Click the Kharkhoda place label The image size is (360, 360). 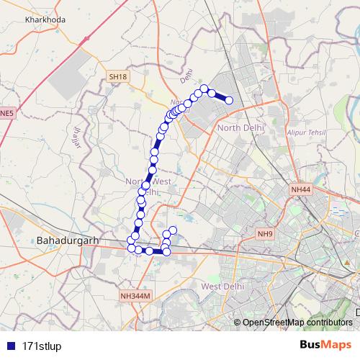click(x=45, y=19)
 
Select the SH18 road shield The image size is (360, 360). click(x=117, y=76)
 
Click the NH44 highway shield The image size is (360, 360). click(x=301, y=189)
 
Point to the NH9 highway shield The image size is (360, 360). click(x=265, y=234)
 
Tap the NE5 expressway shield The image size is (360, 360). click(x=6, y=113)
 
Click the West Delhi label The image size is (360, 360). click(x=220, y=287)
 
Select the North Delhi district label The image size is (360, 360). click(x=240, y=127)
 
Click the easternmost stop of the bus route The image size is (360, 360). click(x=229, y=100)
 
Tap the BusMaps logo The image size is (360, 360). click(x=326, y=345)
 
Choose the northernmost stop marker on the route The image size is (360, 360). click(x=204, y=89)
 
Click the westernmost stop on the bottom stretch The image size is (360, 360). click(x=131, y=248)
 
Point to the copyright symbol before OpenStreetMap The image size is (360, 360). click(x=238, y=323)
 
